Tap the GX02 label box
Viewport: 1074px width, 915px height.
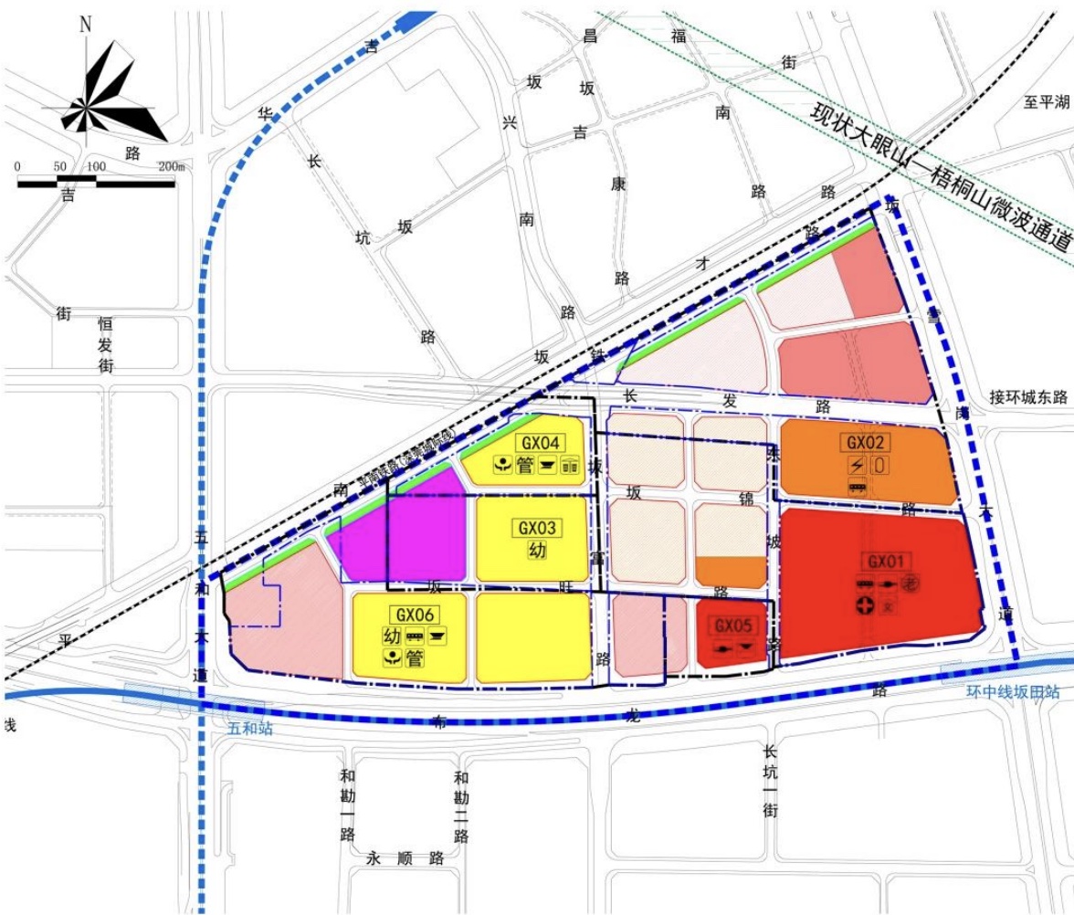coord(866,442)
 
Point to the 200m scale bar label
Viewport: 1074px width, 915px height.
coord(171,166)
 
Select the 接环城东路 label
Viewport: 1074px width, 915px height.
coord(1028,397)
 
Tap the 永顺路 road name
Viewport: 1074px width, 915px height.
coord(405,858)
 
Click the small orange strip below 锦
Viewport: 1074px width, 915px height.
coord(730,572)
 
